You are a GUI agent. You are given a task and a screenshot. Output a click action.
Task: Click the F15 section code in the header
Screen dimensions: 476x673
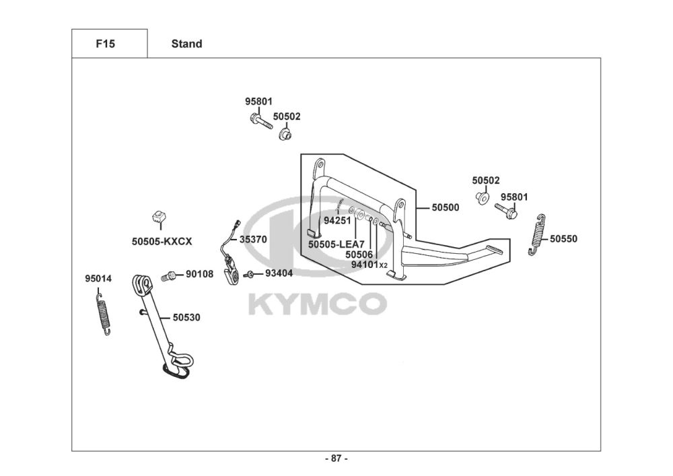pos(105,44)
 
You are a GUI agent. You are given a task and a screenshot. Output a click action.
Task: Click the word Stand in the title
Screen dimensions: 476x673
pos(186,44)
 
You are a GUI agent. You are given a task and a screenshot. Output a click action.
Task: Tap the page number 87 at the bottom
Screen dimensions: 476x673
pos(336,458)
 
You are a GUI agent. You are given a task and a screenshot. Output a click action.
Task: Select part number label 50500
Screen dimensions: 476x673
pos(446,207)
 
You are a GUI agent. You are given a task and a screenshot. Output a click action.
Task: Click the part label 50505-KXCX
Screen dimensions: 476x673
pos(162,240)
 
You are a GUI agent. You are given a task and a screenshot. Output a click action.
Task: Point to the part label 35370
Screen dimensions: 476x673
pos(254,238)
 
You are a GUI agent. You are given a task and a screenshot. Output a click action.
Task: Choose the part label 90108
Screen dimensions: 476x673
pos(199,274)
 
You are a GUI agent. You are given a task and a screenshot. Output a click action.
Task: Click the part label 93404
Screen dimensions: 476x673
pos(279,273)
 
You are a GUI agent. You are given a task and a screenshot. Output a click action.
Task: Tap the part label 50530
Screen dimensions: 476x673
pos(186,316)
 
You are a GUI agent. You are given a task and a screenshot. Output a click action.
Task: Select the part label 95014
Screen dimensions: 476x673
pos(98,278)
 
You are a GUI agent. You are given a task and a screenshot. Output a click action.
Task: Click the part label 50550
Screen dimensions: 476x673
pos(563,238)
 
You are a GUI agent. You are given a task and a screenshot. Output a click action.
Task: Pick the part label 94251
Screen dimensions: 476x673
pos(338,220)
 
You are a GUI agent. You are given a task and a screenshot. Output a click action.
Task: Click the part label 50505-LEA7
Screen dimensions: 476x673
pos(336,244)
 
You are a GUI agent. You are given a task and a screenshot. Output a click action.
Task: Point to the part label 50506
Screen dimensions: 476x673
pos(359,254)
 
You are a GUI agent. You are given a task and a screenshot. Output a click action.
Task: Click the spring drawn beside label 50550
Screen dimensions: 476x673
pos(536,234)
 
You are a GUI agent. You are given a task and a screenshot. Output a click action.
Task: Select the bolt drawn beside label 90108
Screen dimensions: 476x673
pos(169,275)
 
